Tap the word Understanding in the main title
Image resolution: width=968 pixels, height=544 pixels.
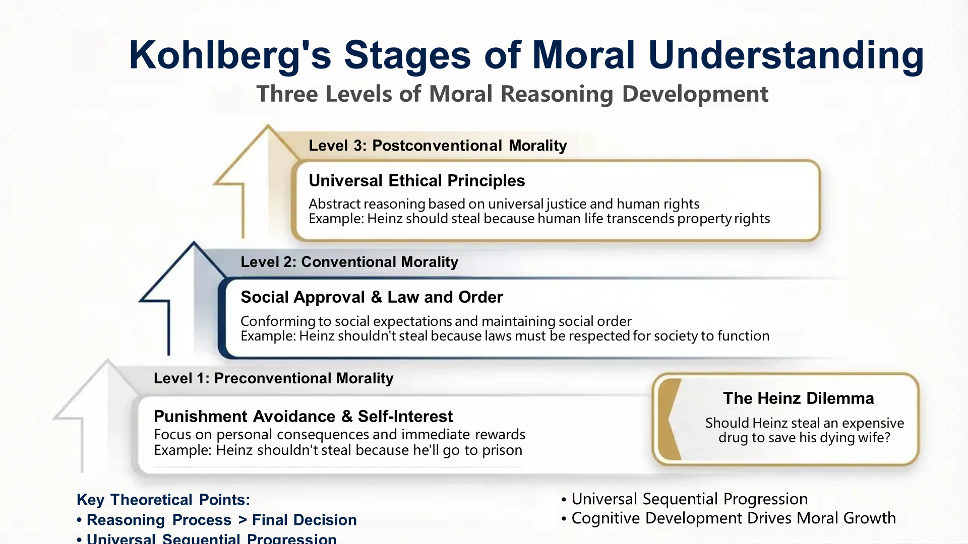coord(786,55)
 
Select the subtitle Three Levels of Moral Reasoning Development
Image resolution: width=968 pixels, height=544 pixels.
coord(512,94)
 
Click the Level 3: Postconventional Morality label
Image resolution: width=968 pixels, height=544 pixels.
coord(438,146)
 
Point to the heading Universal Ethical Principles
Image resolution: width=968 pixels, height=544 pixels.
coord(416,181)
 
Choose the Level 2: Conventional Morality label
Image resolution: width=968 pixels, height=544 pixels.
coord(349,262)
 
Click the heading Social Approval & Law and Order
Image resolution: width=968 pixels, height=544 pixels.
coord(372,297)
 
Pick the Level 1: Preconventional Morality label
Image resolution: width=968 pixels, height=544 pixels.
coord(273,378)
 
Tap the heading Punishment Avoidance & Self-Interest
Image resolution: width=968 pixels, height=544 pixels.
coord(303,417)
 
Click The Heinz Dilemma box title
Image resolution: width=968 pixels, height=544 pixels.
coord(798,398)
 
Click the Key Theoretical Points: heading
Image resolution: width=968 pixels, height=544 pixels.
coord(163,500)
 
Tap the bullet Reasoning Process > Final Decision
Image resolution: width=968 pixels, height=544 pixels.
coord(221,520)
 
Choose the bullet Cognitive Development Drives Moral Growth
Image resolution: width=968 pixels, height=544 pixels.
coord(734,518)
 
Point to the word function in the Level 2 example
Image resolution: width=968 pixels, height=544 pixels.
coord(743,336)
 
